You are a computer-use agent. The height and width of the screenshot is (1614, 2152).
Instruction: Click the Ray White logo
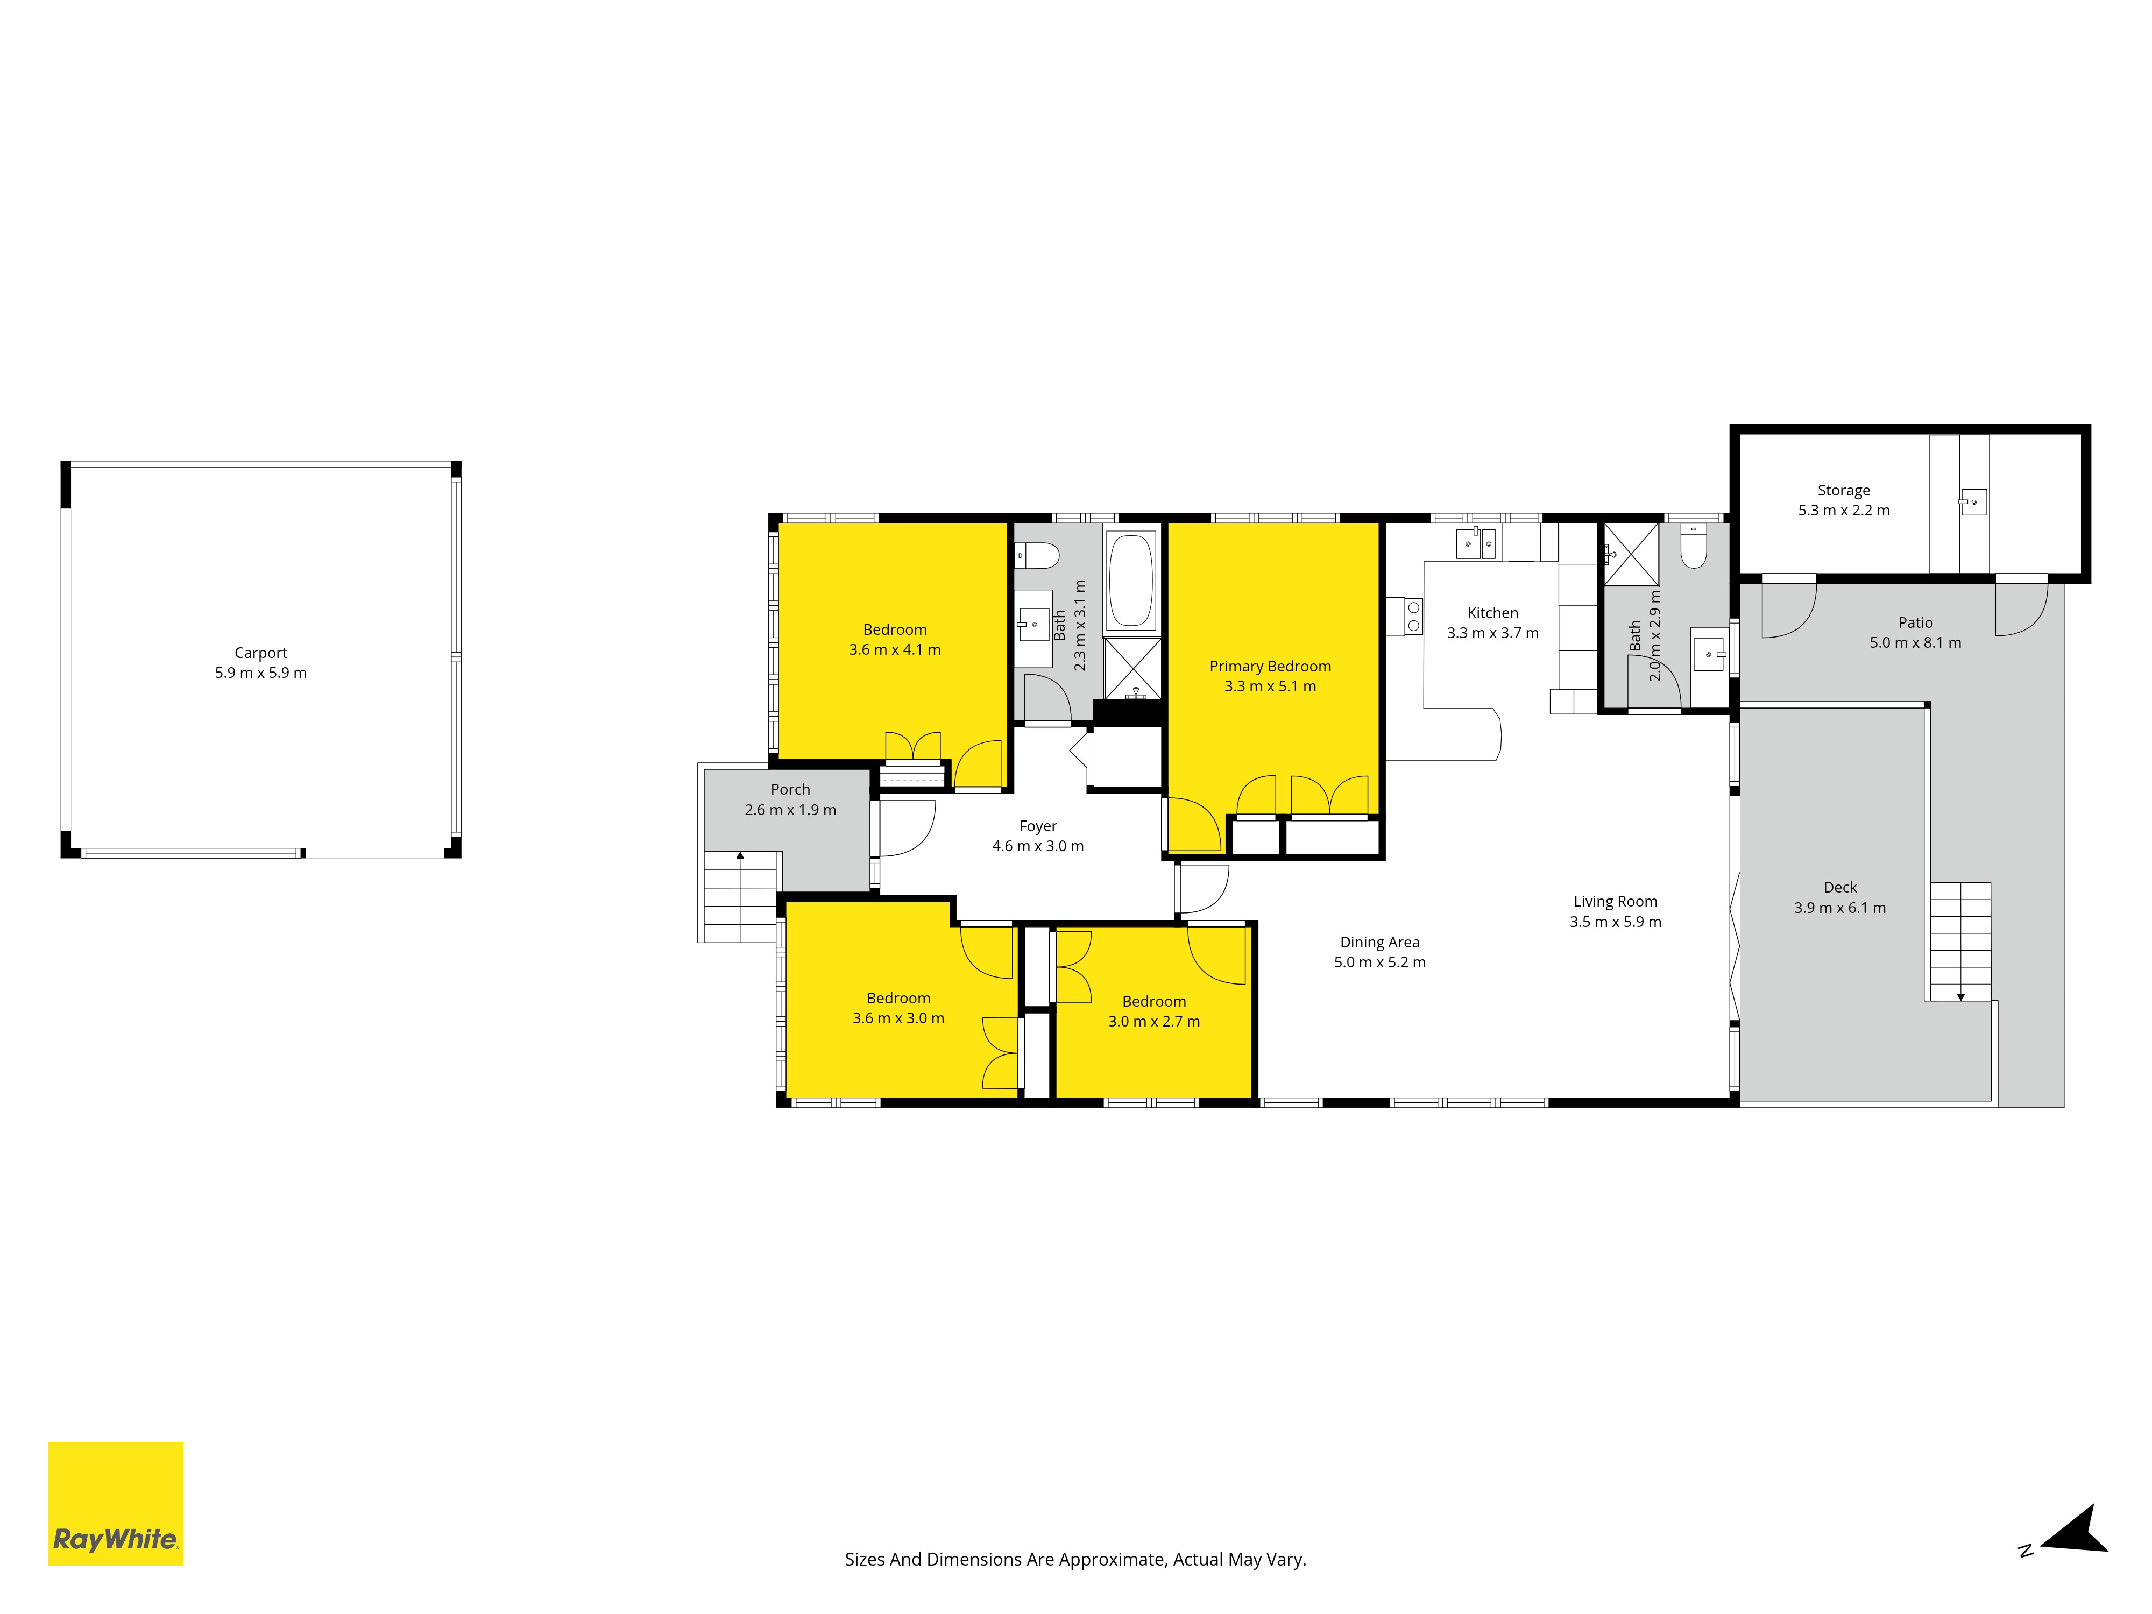116,1503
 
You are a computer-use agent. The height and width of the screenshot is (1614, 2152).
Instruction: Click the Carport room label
261,653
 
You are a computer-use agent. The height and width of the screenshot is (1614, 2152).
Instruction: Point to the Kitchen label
1492,613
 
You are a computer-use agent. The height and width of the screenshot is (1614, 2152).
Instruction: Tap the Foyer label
1038,826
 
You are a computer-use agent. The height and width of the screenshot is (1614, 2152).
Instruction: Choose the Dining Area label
1379,942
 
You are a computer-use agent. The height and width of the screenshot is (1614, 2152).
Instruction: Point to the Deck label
1840,887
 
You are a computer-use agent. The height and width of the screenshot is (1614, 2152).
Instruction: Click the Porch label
790,790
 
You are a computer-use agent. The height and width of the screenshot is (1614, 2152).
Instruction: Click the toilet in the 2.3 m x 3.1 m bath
1037,556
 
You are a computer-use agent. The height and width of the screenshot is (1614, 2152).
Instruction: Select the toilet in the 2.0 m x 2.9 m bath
1694,547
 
